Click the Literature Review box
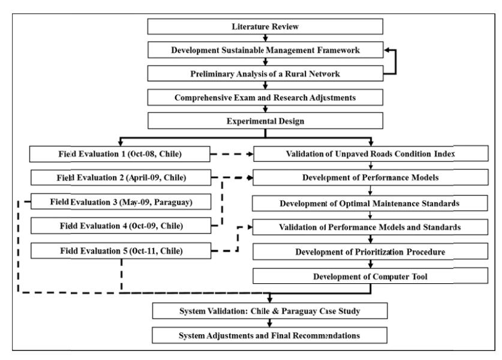coord(265,26)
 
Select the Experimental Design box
coord(265,121)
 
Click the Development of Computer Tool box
coord(371,276)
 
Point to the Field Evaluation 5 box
coord(121,250)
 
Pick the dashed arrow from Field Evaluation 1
coord(232,154)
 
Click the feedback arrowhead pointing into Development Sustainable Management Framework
coord(386,50)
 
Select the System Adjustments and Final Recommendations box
coord(269,335)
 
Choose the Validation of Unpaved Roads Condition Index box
coord(371,154)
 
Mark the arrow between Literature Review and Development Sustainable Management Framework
coord(265,38)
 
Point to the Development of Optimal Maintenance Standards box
coord(370,203)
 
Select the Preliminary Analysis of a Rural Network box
coord(265,74)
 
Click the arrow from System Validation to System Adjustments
coord(269,323)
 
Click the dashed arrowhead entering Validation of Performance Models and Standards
coord(250,227)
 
